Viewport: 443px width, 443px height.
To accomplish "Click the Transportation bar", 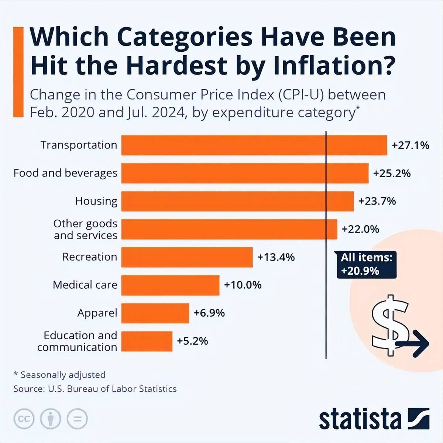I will [x=254, y=145].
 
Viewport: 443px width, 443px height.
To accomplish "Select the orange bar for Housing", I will [x=237, y=201].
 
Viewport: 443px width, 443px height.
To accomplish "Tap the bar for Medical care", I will [x=170, y=285].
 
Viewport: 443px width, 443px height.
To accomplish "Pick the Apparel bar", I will [x=155, y=313].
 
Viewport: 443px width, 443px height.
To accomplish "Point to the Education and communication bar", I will [x=147, y=341].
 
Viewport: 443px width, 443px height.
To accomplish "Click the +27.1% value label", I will [x=410, y=145].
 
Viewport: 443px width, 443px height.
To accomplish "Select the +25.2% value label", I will [x=392, y=174].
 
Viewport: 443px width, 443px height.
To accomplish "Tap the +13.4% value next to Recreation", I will [x=276, y=257].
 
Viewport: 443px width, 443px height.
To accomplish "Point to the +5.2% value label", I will [x=192, y=341].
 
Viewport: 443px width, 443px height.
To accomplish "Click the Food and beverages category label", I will [x=65, y=173].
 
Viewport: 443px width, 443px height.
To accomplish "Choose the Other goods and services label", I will [x=85, y=229].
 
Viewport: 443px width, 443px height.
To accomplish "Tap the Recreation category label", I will [x=89, y=257].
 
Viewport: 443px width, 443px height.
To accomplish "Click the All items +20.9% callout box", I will [x=366, y=264].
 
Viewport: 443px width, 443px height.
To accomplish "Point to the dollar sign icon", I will [x=390, y=325].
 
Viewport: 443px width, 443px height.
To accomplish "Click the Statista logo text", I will [x=360, y=419].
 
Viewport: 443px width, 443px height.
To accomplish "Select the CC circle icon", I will [x=24, y=419].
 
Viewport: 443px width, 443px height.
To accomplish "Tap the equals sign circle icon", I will [x=78, y=419].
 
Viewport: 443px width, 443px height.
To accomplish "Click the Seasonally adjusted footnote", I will [x=59, y=375].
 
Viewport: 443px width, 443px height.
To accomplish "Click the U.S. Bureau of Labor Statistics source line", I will [x=95, y=389].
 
